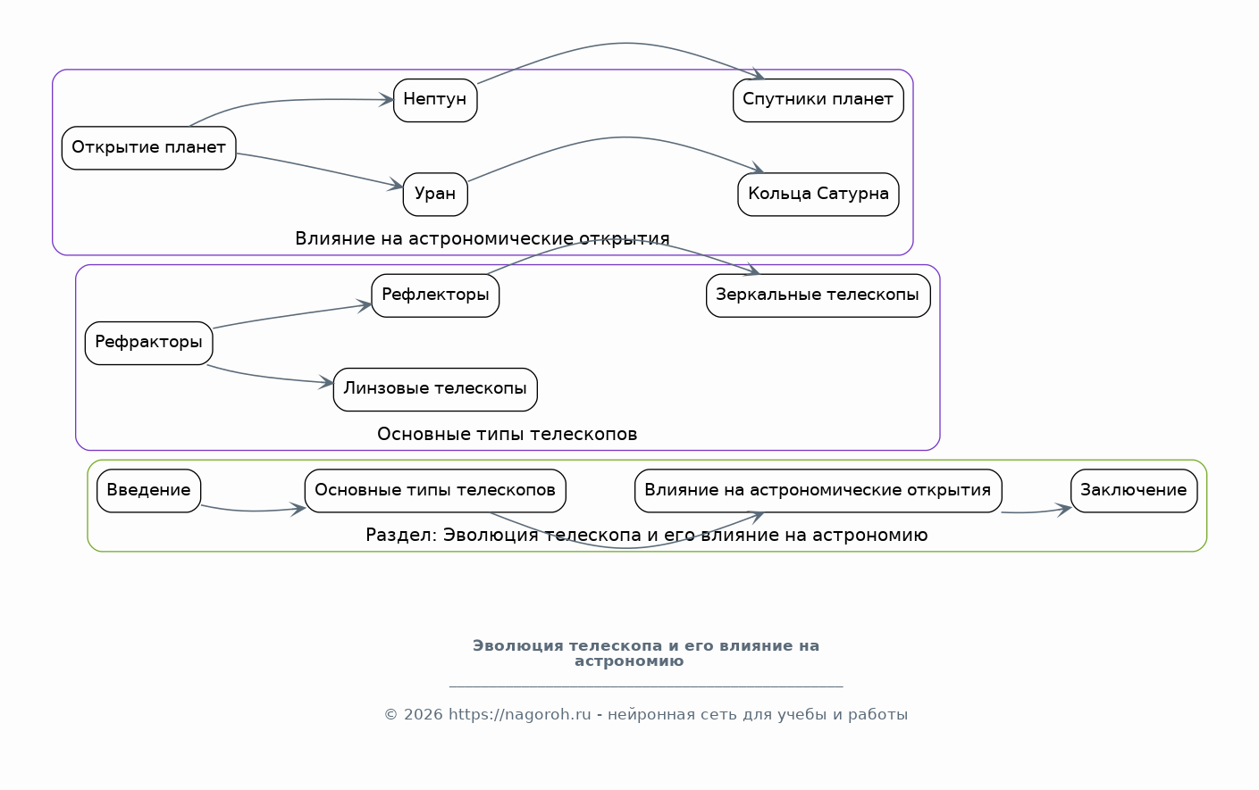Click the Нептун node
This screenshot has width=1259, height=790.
[435, 100]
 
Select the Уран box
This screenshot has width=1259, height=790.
[435, 195]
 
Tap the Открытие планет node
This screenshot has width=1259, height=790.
[148, 147]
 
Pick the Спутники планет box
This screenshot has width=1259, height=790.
[818, 100]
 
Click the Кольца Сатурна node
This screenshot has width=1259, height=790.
[818, 195]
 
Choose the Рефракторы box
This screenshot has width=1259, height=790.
[148, 343]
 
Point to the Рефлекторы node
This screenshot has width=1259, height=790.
[435, 295]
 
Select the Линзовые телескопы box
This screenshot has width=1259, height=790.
[435, 390]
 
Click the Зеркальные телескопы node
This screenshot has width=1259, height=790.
[818, 295]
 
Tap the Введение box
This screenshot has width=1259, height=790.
[148, 491]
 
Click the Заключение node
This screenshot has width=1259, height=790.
[1134, 491]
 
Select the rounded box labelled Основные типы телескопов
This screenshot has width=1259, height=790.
[435, 491]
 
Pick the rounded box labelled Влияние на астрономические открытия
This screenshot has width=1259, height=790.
[818, 491]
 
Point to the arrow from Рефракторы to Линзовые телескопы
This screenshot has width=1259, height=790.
[269, 378]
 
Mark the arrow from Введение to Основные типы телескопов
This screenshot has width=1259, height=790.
[253, 511]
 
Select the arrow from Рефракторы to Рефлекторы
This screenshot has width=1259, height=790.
[292, 315]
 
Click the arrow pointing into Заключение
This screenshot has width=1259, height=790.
[1037, 511]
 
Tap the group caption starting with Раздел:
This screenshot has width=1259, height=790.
[646, 535]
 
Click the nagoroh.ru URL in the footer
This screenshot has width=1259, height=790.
[519, 714]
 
